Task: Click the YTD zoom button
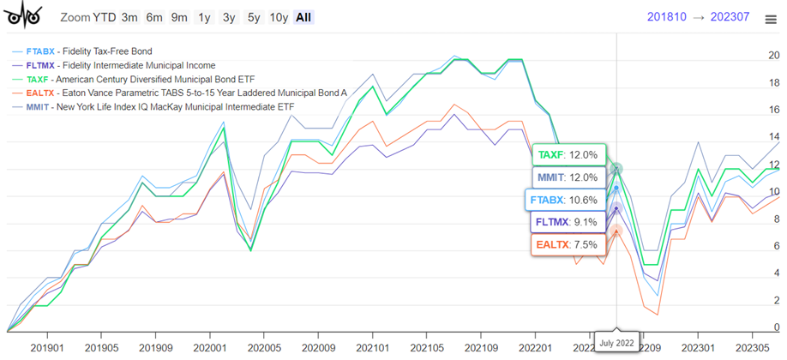click(x=105, y=17)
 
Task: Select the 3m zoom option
click(x=129, y=17)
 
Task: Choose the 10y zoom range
click(x=279, y=17)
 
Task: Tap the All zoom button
click(x=303, y=17)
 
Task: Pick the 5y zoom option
click(x=254, y=17)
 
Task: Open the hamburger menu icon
click(x=771, y=19)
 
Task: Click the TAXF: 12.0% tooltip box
click(x=568, y=155)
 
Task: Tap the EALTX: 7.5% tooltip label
click(x=567, y=244)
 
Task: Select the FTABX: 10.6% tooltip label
click(x=565, y=200)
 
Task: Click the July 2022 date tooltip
click(x=616, y=343)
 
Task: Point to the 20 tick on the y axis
click(x=774, y=56)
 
